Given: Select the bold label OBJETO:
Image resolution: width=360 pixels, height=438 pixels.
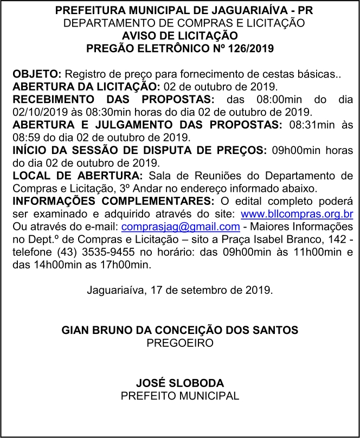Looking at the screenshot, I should tap(37, 74).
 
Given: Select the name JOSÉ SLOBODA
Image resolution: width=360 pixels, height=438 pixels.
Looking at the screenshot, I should tap(179, 383).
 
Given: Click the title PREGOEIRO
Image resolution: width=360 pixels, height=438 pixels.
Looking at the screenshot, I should tap(179, 343).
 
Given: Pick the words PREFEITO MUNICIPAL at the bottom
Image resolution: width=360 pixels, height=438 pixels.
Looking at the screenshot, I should tap(179, 396).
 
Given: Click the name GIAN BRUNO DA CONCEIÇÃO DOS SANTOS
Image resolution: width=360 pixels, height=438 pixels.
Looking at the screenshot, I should tap(179, 330).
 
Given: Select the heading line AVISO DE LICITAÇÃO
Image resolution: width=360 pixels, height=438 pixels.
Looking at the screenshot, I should tap(179, 36).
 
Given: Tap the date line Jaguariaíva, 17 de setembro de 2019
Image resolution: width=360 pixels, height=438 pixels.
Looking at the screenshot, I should tap(179, 289).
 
